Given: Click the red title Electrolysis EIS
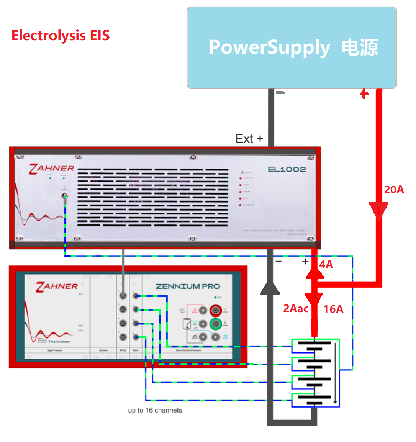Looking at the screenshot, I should pos(61,36).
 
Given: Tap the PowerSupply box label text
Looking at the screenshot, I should pos(293,47).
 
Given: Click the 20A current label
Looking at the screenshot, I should pos(394,189).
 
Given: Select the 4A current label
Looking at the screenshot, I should pos(326,264).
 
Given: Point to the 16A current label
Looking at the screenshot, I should pos(333,309).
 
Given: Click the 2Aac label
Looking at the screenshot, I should pos(295,308).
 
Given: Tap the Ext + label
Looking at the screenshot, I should pos(249,139).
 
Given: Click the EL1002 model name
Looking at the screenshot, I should pos(287,169).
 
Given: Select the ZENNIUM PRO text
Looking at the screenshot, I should pos(188,286).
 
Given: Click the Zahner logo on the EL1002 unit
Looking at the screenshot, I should pos(51,169).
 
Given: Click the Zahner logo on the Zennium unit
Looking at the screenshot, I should pos(57,286).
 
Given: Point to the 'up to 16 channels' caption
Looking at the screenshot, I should pos(155,410).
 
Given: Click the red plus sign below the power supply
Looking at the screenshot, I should pos(364,94).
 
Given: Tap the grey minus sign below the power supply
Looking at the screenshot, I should pos(280,93).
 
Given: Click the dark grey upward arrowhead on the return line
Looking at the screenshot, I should pos(270,288).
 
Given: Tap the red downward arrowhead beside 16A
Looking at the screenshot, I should pos(314,299).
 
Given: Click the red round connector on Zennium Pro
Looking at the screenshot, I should pos(216,310).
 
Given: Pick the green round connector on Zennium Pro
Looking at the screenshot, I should pos(216,324).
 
